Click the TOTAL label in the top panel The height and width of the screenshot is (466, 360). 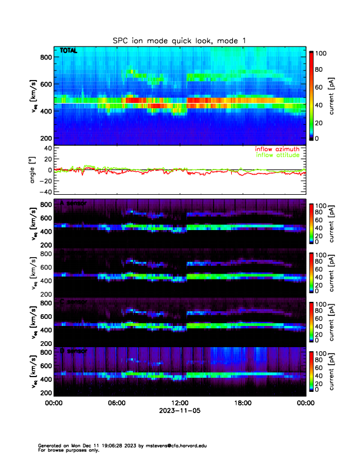(68, 52)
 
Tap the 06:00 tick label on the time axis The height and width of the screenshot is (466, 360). (116, 403)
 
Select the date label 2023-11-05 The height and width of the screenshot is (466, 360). (179, 411)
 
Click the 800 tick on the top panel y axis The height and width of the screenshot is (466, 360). (45, 57)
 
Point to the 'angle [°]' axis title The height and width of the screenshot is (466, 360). (32, 169)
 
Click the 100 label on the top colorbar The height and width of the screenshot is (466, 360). (323, 54)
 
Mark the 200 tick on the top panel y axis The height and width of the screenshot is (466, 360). (45, 138)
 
